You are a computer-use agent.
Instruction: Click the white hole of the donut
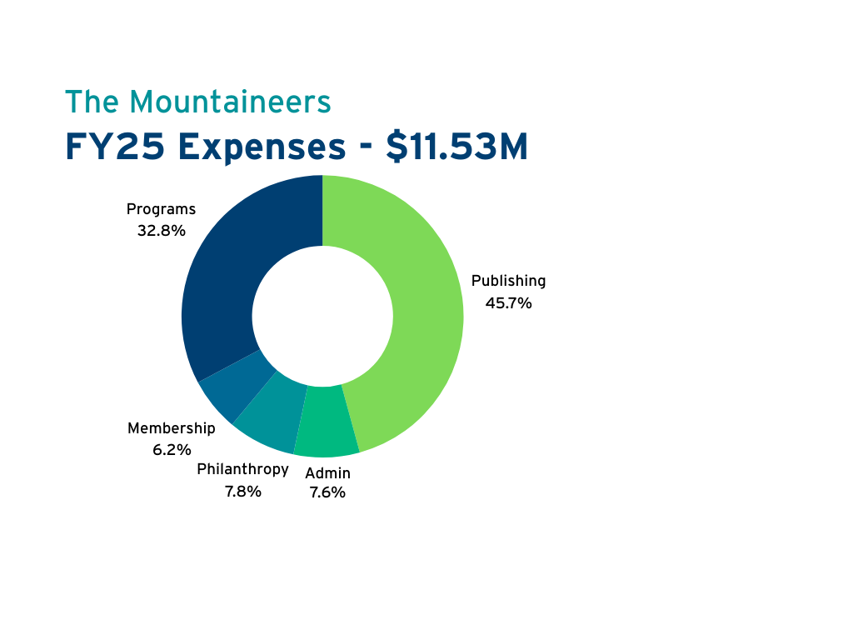pyautogui.click(x=322, y=316)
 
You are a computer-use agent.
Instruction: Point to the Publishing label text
pyautogui.click(x=508, y=281)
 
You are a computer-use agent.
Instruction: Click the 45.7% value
pyautogui.click(x=508, y=303)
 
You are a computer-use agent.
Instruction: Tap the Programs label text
pyautogui.click(x=161, y=209)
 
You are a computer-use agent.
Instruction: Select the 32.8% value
pyautogui.click(x=161, y=231)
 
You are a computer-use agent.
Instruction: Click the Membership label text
pyautogui.click(x=171, y=428)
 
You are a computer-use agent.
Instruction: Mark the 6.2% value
pyautogui.click(x=171, y=450)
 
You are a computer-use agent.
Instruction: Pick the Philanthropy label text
pyautogui.click(x=242, y=469)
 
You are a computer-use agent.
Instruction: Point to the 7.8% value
pyautogui.click(x=242, y=492)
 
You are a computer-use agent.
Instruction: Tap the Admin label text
pyautogui.click(x=327, y=473)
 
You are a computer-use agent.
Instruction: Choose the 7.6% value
pyautogui.click(x=327, y=492)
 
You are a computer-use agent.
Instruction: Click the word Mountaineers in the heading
pyautogui.click(x=231, y=102)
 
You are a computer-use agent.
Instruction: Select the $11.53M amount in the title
pyautogui.click(x=456, y=147)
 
